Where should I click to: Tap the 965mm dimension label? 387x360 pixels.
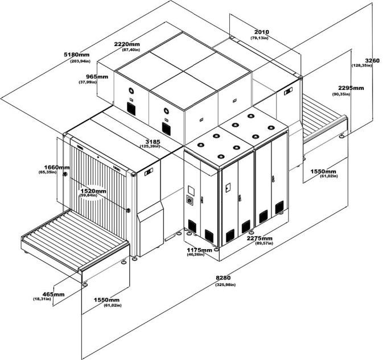click(x=97, y=76)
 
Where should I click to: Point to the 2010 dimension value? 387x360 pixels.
click(x=262, y=32)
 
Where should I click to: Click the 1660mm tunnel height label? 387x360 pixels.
click(x=57, y=167)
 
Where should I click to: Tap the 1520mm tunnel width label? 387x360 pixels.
click(x=93, y=191)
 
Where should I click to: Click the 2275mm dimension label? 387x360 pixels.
click(x=259, y=238)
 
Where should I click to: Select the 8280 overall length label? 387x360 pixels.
click(x=223, y=278)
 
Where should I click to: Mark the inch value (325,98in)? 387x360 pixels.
click(x=223, y=284)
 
